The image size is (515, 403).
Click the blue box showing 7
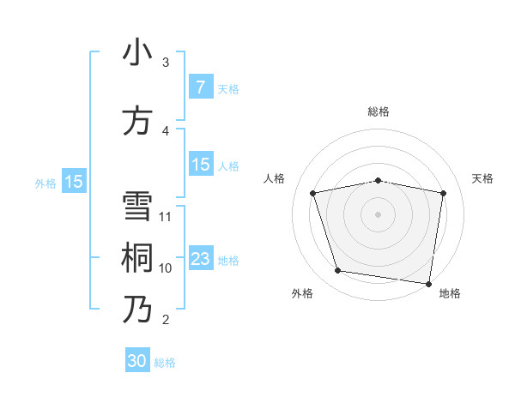[x=200, y=87]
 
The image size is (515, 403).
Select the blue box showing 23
[x=200, y=259]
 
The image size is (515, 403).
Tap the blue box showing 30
[x=137, y=361]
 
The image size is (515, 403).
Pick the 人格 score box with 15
[x=200, y=165]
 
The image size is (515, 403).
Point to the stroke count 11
[x=166, y=217]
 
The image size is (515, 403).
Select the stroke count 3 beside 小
[x=166, y=63]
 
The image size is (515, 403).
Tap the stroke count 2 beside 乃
[x=166, y=320]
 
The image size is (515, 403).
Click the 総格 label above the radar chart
[x=378, y=111]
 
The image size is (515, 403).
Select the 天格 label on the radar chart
[x=482, y=178]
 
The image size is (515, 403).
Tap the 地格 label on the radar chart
[x=450, y=293]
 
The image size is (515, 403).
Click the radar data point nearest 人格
[x=313, y=193]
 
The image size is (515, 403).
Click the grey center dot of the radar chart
[x=378, y=214]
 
